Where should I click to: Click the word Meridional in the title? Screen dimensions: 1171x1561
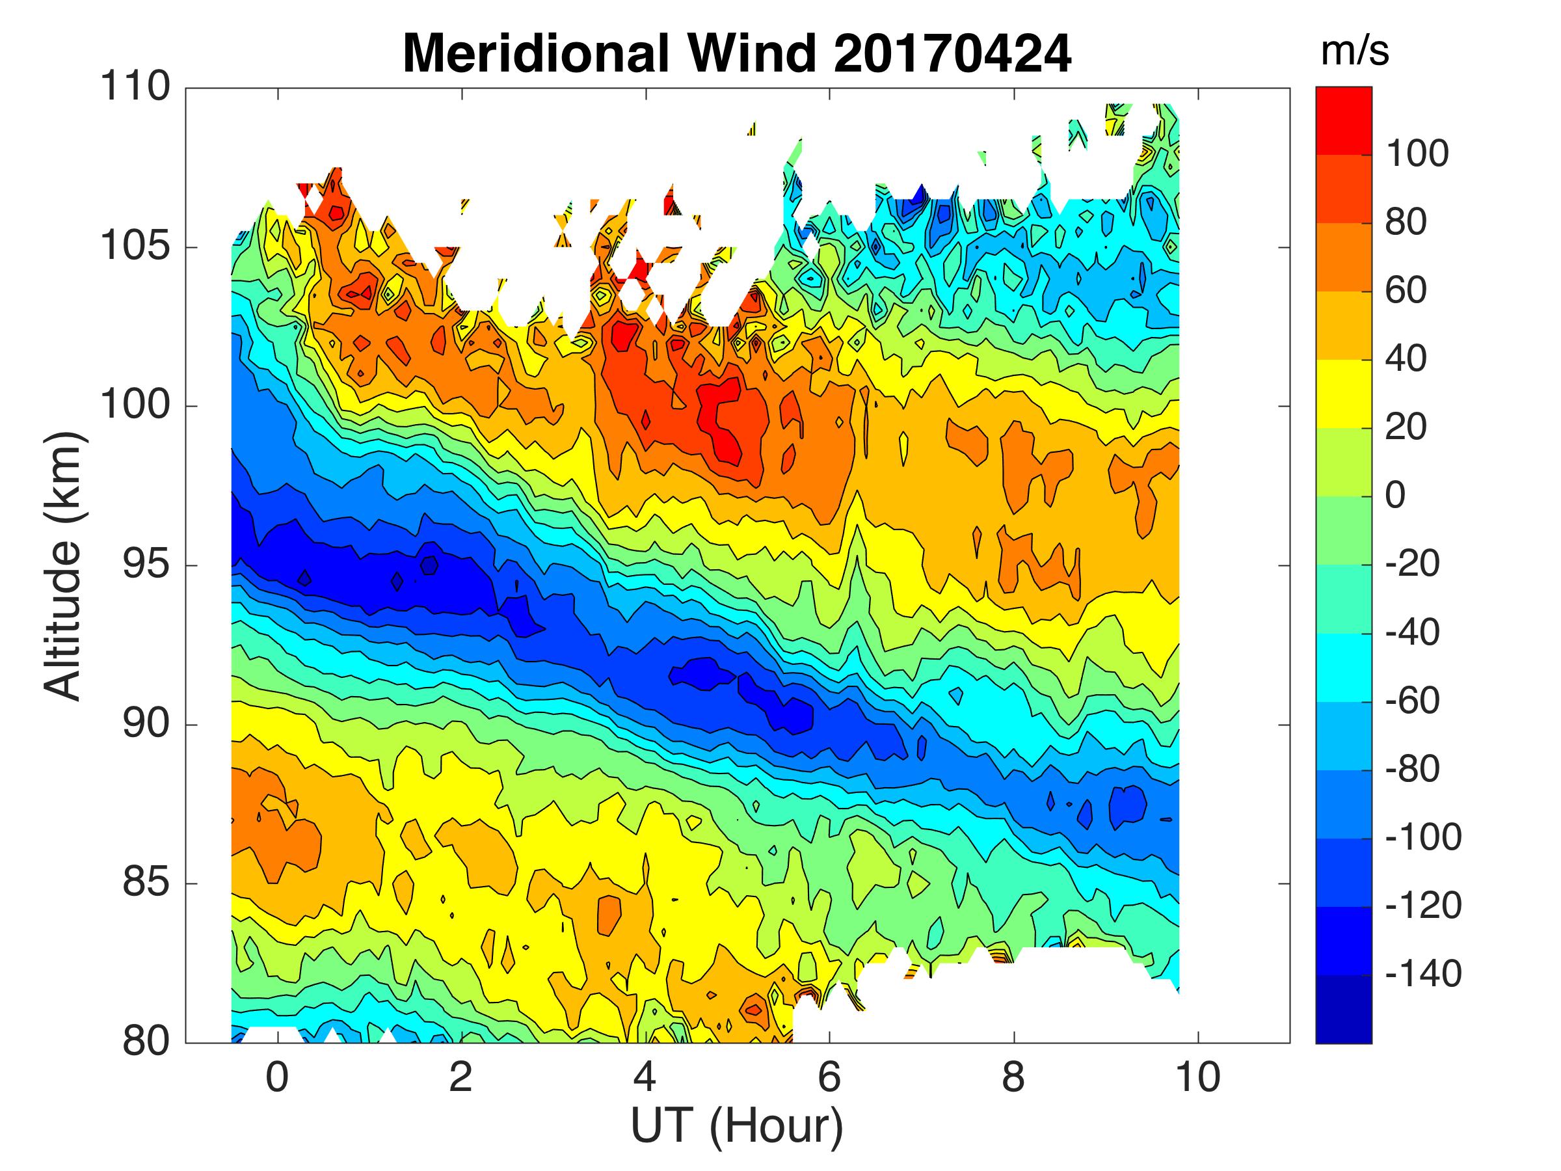point(535,53)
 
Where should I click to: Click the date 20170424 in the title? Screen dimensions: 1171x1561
point(952,53)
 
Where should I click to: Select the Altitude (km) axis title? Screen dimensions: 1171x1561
point(64,566)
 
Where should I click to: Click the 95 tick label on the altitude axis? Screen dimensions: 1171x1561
point(146,566)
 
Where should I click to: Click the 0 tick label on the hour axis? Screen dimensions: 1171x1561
point(277,1078)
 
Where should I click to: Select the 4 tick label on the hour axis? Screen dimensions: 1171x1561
point(645,1078)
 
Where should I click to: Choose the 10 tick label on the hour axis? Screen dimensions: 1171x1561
point(1197,1078)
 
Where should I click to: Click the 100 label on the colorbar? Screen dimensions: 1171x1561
point(1417,154)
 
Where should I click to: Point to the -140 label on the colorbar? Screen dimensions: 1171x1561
point(1423,974)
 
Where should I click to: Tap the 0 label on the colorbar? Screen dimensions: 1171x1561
point(1395,496)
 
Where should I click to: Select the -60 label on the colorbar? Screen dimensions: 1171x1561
point(1412,701)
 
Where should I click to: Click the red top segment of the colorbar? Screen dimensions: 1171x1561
point(1344,120)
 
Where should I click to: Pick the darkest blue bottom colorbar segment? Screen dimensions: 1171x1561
point(1344,1010)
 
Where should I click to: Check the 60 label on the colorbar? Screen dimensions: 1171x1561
point(1406,291)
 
